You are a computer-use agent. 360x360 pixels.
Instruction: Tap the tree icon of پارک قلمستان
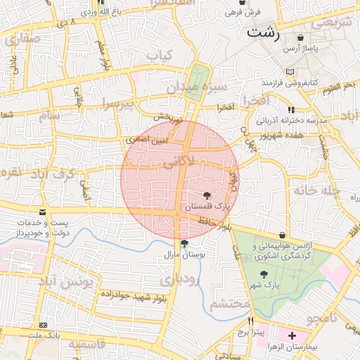207,195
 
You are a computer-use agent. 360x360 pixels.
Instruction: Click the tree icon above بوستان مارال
184,243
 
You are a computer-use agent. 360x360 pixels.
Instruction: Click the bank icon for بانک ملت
44,326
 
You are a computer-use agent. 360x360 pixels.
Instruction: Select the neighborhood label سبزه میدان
196,88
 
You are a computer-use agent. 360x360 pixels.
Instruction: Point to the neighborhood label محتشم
230,304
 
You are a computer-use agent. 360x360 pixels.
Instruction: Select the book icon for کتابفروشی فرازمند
290,72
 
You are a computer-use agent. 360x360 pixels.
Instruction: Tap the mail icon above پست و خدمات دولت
44,212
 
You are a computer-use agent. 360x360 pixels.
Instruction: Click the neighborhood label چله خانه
317,191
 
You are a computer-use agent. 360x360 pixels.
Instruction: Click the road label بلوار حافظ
213,224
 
